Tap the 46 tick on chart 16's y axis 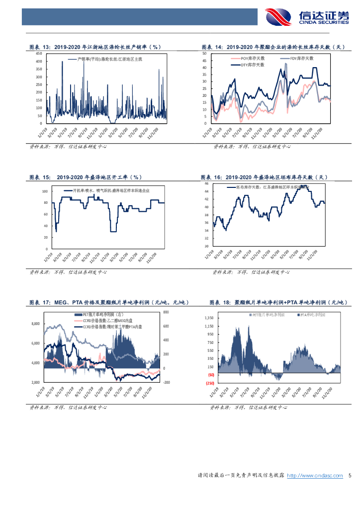[x=206, y=184]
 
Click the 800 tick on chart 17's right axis [x=166, y=312]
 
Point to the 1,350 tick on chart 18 [x=209, y=318]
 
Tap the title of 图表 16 [x=264, y=177]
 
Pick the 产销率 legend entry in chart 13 [x=104, y=59]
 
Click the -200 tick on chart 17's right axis [x=166, y=382]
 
